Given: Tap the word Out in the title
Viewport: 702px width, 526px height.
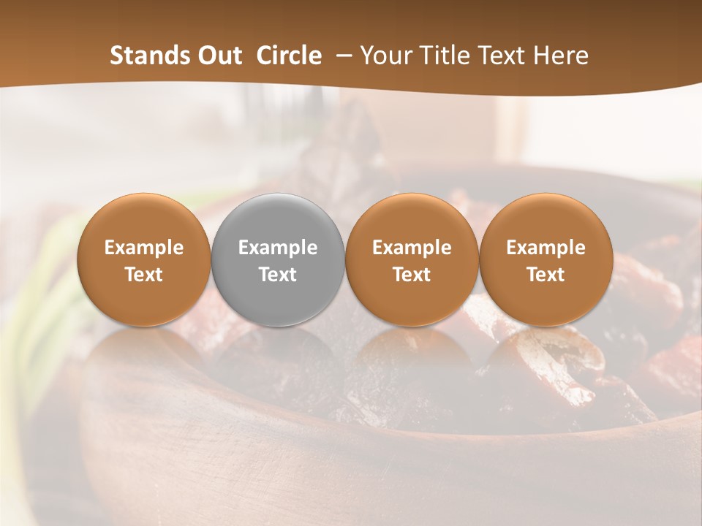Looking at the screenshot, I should coord(218,56).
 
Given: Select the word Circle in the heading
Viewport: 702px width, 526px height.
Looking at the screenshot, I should coord(289,56).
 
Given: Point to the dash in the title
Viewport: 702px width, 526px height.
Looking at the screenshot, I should coord(344,56).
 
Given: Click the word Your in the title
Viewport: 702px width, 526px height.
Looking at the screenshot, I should coord(385,56).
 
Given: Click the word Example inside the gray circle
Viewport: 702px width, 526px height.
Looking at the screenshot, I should coord(278,248).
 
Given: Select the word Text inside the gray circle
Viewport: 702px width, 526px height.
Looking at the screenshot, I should coord(278,275).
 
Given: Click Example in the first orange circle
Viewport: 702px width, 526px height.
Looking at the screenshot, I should coord(144,248).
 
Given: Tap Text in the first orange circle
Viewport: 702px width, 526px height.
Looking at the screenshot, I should coord(144,275).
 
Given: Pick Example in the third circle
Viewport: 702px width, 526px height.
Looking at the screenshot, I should coord(412,248).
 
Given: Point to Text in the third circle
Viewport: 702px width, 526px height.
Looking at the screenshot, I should coord(412,275).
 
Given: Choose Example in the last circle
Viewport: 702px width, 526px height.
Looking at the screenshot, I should coord(546,248).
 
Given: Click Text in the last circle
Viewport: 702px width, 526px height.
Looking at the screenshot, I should coord(546,275).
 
